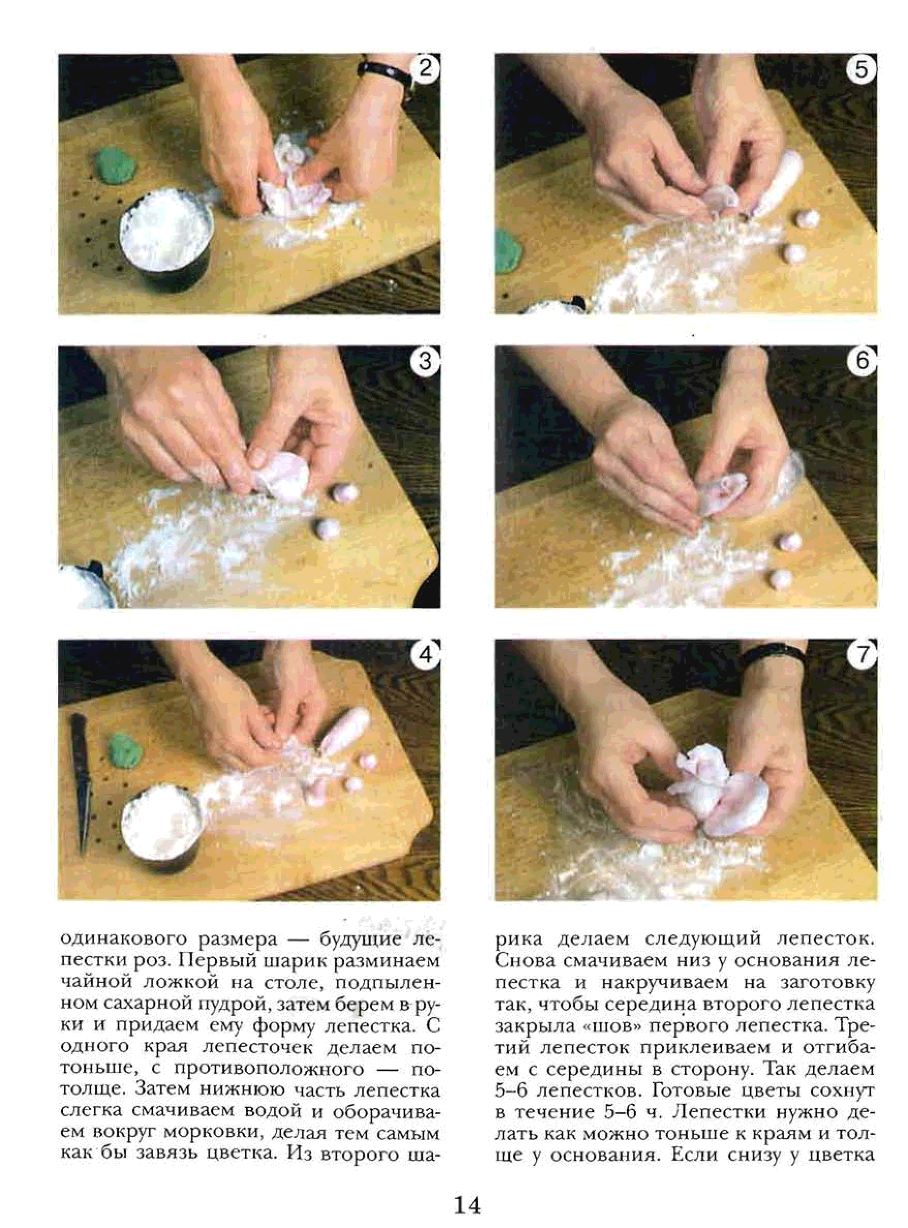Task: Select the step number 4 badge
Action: [x=425, y=656]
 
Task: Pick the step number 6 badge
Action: [x=861, y=362]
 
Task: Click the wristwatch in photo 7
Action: [x=772, y=655]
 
